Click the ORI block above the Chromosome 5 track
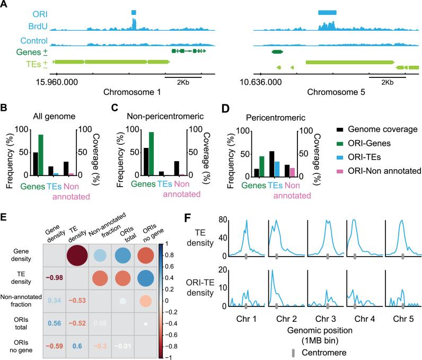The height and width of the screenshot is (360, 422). (x=327, y=12)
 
